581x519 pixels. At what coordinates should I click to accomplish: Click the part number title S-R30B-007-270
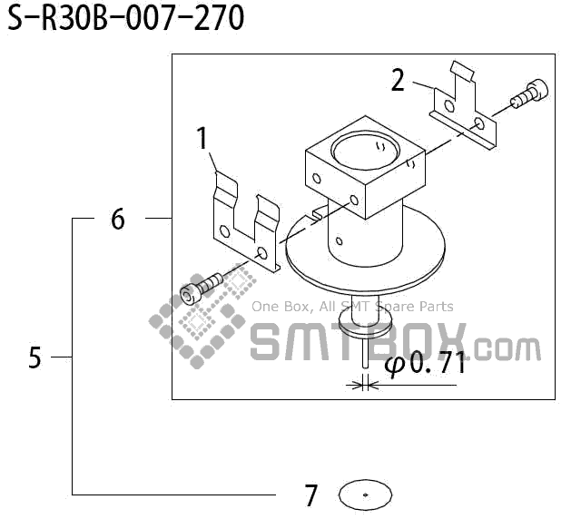[126, 18]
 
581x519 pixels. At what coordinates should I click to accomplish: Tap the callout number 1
[202, 138]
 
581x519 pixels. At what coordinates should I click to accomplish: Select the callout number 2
[398, 81]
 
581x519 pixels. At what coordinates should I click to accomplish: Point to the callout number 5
[34, 357]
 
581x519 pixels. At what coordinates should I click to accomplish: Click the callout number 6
[118, 219]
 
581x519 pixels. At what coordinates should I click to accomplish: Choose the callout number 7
[311, 495]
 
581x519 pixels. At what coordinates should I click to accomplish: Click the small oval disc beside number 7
[365, 495]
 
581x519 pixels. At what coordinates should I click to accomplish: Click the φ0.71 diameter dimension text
[425, 363]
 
